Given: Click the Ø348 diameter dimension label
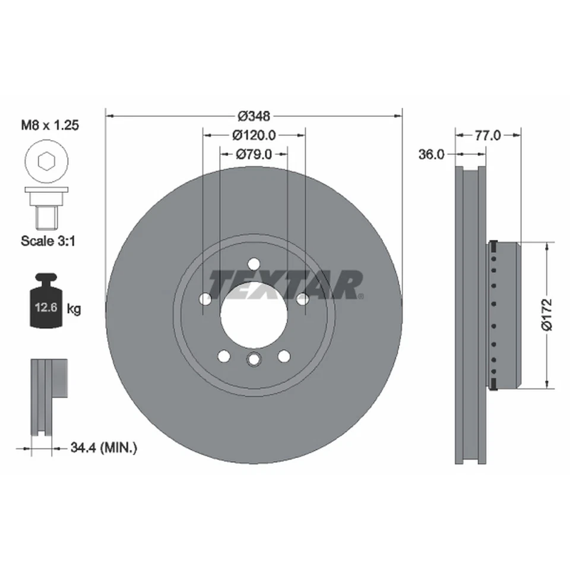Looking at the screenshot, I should (x=254, y=116).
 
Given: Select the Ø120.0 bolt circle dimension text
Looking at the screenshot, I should (x=254, y=135).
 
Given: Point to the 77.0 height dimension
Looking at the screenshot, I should (x=487, y=135).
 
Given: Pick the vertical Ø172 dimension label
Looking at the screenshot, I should (x=547, y=315).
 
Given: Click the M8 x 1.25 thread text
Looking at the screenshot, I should (x=50, y=125).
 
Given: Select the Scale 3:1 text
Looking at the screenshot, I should (x=50, y=241).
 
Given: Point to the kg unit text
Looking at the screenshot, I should (x=74, y=308).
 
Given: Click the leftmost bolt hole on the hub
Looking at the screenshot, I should (x=205, y=299).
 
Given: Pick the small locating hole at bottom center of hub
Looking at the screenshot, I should (x=254, y=359).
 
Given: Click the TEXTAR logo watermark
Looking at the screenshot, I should (x=286, y=285).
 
